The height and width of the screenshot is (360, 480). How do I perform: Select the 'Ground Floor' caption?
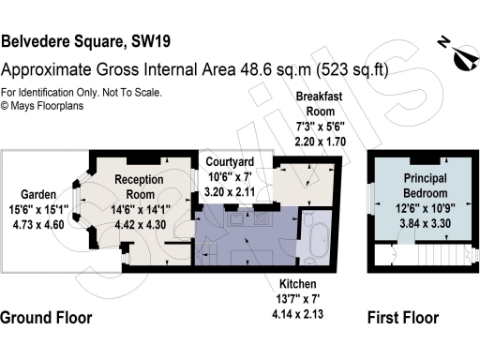(x=47, y=318)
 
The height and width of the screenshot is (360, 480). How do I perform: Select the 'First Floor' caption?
(x=402, y=318)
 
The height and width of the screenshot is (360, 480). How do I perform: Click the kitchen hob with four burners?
(x=260, y=218)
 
